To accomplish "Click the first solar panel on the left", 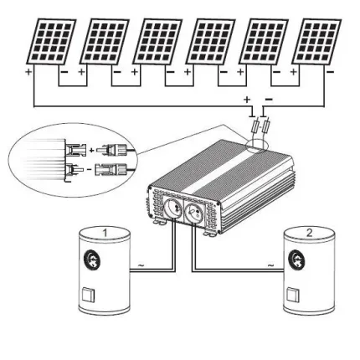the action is click(51, 42).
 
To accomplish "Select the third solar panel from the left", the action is click(157, 42).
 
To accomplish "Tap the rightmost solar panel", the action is click(316, 42).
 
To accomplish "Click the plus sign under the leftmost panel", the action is click(28, 72).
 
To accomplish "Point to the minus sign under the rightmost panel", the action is click(330, 72).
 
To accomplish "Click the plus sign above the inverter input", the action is click(247, 100).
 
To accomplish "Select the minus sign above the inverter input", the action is click(269, 99).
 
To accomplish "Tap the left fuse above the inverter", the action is click(255, 127).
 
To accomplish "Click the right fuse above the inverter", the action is click(266, 126).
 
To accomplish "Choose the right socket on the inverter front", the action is click(193, 211).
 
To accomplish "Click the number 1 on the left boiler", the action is click(105, 233).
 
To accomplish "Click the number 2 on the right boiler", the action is click(309, 233).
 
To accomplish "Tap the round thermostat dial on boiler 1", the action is click(92, 259).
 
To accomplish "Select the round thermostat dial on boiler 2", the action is click(296, 259).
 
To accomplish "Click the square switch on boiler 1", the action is click(88, 296).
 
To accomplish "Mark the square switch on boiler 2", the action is click(293, 295).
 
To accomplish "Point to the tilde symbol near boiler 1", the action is click(141, 265).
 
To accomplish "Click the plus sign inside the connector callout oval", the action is click(91, 150).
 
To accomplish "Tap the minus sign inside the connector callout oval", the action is click(90, 169).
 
